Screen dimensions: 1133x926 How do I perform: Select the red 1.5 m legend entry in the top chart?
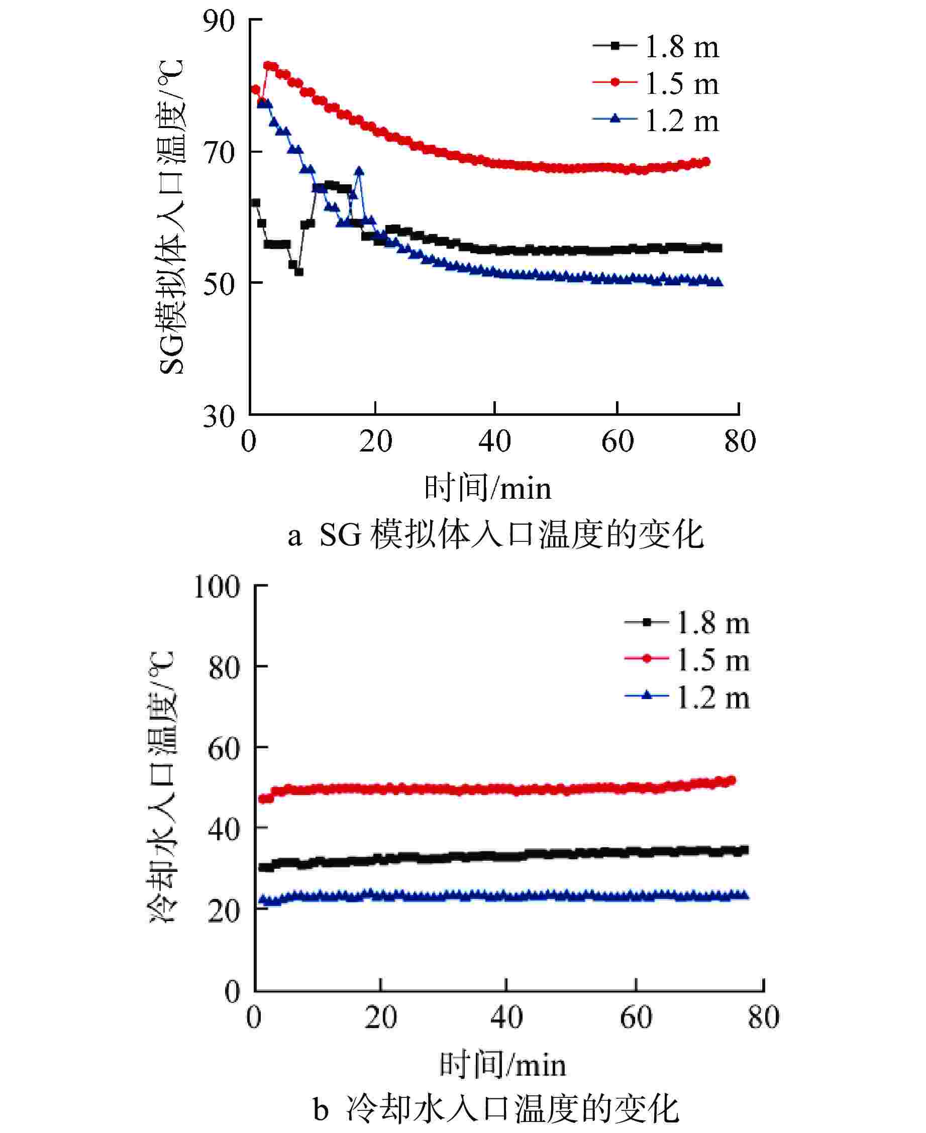(656, 83)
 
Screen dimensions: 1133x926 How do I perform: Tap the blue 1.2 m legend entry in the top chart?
(656, 121)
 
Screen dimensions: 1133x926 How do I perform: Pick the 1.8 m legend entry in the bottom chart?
(687, 623)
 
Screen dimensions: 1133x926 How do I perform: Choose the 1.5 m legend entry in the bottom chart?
(687, 660)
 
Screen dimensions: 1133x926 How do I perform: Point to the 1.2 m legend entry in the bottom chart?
(687, 698)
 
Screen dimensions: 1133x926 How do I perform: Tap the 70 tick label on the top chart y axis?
(219, 153)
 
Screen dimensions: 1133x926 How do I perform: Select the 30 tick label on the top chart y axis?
(219, 416)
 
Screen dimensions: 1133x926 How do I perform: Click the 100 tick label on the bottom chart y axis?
(217, 587)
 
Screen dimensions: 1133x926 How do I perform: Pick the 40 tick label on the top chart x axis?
(494, 441)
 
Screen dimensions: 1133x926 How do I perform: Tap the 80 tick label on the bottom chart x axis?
(763, 1017)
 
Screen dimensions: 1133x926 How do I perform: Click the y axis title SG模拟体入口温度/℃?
(172, 217)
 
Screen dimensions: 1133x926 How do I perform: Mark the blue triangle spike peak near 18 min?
(359, 171)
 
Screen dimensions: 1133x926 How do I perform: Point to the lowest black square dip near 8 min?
(299, 272)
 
